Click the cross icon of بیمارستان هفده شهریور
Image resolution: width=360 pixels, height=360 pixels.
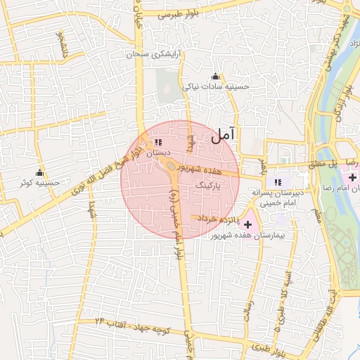pyautogui.click(x=247, y=224)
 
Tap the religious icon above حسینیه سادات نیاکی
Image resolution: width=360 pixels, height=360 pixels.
pyautogui.click(x=215, y=77)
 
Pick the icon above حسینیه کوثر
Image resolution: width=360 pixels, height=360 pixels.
pyautogui.click(x=39, y=173)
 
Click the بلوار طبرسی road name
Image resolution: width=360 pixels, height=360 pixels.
pyautogui.click(x=180, y=14)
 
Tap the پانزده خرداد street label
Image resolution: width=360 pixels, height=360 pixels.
pyautogui.click(x=219, y=219)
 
